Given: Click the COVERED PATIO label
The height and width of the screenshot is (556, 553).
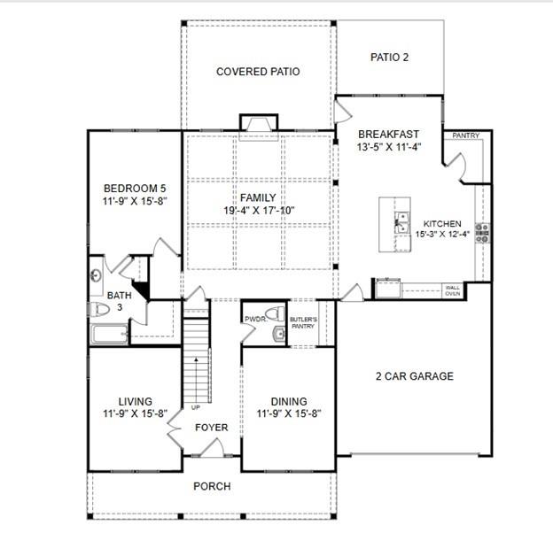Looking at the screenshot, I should [258, 72].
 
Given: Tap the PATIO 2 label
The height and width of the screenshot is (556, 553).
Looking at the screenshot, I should [389, 58].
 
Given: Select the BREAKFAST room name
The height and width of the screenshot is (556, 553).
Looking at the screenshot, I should [388, 134].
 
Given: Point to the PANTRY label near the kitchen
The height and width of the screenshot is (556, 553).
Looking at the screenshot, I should [465, 135].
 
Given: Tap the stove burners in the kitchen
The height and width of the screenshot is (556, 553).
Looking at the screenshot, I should [483, 232].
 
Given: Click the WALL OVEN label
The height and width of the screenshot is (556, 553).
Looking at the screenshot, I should [453, 289].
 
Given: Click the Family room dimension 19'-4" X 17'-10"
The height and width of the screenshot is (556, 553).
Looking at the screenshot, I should [258, 211].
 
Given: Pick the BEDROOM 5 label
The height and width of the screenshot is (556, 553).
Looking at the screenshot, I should [135, 188].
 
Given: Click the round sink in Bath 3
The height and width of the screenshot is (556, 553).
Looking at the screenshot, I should [97, 275].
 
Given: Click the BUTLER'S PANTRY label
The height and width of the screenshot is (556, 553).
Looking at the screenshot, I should [303, 322].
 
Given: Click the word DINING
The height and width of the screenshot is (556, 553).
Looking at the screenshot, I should [288, 401].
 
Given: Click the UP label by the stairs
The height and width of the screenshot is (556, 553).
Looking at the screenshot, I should [195, 407].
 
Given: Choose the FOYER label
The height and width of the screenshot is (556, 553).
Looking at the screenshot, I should [211, 429].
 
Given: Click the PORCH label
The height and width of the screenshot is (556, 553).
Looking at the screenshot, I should [212, 486].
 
